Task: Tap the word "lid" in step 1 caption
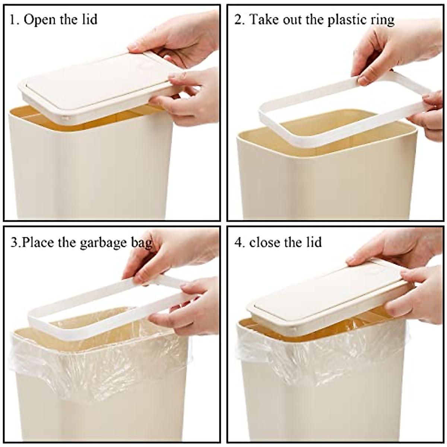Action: tap(89, 19)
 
